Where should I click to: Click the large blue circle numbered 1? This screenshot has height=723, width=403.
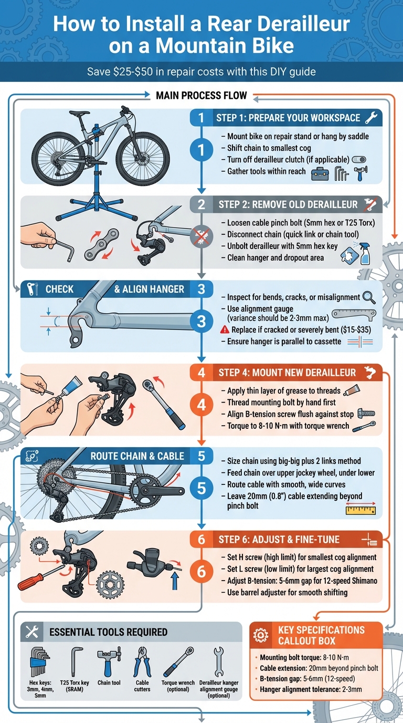click(200, 151)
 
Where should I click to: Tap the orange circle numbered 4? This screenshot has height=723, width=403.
click(201, 405)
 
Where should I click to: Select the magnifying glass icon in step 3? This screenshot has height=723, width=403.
click(369, 297)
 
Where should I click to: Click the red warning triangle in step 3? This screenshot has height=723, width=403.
click(225, 329)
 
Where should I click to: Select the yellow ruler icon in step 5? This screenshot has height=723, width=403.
click(361, 508)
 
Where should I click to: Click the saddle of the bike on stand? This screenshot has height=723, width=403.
click(80, 113)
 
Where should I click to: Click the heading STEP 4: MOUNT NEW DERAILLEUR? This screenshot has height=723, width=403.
click(287, 373)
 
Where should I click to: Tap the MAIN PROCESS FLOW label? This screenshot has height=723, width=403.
click(201, 96)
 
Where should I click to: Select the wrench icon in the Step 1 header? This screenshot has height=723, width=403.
click(371, 118)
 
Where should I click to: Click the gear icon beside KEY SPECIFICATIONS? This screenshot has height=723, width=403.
click(260, 635)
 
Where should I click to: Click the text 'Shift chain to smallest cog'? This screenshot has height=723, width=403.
click(269, 148)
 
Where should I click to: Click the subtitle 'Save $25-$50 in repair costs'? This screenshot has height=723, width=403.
click(201, 72)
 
